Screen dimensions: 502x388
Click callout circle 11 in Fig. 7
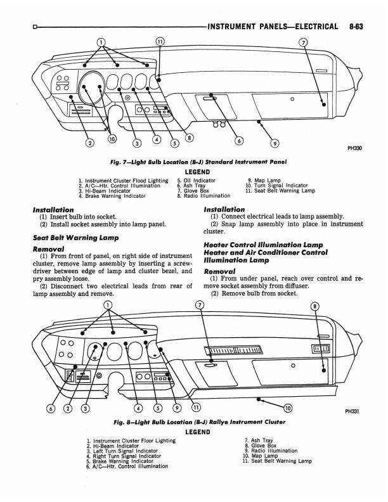160,43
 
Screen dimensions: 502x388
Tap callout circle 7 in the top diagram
304,43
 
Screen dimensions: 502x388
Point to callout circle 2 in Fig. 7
90,142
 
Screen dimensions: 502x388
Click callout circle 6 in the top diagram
238,141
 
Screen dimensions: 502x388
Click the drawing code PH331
352,411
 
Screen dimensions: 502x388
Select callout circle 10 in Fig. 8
288,407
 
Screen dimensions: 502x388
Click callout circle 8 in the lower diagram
315,307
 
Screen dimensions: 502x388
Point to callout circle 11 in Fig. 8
196,407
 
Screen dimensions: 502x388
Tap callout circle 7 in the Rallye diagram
200,307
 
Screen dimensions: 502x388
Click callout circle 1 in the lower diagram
108,306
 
